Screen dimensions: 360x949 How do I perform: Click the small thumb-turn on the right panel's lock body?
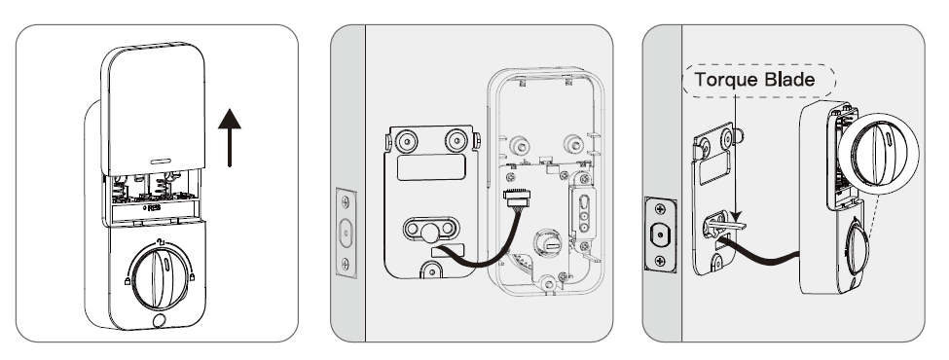[x=855, y=247]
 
